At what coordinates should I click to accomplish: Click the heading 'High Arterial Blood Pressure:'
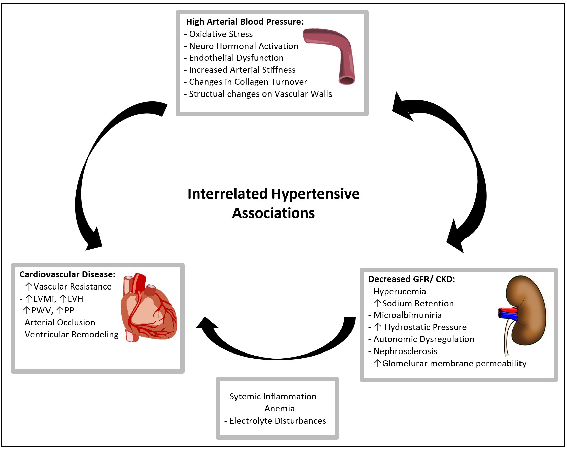coord(245,22)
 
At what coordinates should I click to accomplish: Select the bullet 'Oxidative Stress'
coord(221,34)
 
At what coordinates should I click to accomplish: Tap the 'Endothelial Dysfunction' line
coord(236,58)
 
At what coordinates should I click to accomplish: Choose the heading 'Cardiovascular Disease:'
coord(68,275)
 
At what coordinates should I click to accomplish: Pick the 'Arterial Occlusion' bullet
coord(60,323)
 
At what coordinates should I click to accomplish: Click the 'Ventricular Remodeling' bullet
coord(72,335)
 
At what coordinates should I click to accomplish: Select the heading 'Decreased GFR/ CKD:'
coord(411,279)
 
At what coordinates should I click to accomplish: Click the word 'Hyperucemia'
coord(400,292)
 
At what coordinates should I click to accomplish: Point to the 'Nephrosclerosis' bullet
coord(405,351)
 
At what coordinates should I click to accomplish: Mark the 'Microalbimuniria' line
coord(407,315)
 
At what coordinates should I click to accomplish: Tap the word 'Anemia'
coord(280,409)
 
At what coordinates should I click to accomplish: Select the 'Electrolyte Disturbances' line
coord(278,421)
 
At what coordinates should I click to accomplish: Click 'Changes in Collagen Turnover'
coord(248,82)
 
